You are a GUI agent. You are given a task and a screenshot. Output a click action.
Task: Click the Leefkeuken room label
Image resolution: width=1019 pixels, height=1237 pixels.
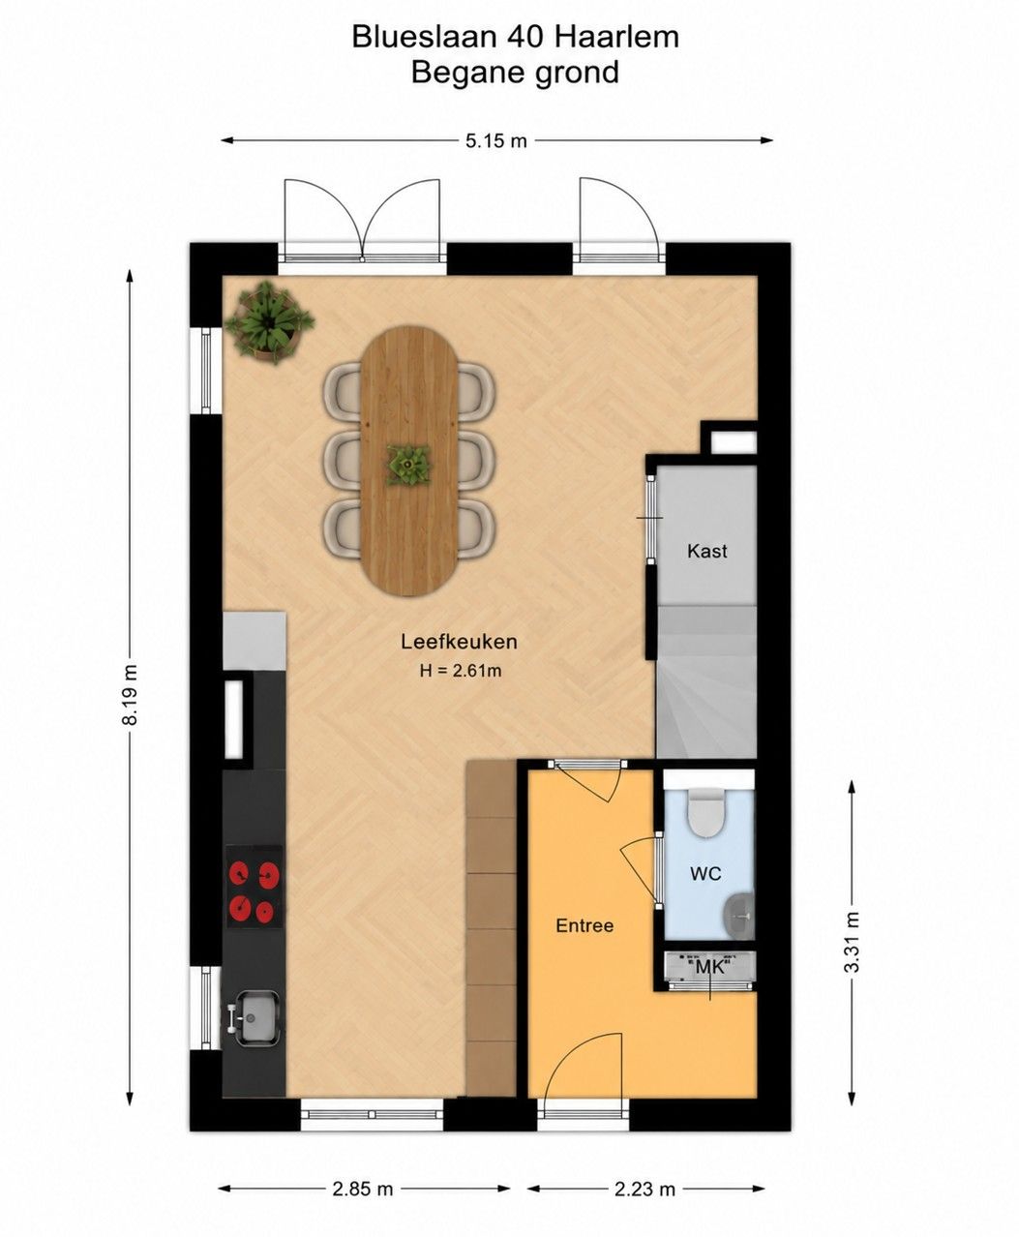click(x=459, y=642)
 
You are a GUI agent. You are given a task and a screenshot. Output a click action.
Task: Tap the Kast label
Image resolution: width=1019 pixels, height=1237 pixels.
click(x=706, y=552)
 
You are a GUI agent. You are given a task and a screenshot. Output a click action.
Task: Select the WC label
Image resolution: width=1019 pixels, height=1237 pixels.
click(x=705, y=874)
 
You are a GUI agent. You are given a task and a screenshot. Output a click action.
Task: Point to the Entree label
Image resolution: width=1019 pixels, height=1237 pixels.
click(x=584, y=926)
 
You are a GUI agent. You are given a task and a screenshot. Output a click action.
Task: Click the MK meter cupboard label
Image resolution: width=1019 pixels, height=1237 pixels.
click(x=709, y=968)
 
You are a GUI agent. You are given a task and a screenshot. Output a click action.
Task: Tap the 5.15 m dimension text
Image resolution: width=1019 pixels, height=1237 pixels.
click(x=495, y=141)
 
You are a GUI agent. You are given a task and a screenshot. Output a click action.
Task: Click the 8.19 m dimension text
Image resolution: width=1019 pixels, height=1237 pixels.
click(x=131, y=694)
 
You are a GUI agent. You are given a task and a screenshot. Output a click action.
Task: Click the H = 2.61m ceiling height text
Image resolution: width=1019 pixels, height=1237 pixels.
click(x=461, y=671)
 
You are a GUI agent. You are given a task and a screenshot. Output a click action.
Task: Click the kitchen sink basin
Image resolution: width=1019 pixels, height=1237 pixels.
click(x=255, y=1019)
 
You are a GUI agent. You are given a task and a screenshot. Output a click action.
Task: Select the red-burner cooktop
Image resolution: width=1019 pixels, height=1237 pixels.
click(x=255, y=887)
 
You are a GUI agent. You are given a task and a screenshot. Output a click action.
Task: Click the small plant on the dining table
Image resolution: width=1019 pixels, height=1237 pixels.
click(x=408, y=467)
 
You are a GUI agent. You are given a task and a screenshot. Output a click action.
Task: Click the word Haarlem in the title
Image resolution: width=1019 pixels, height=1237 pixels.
click(x=616, y=37)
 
